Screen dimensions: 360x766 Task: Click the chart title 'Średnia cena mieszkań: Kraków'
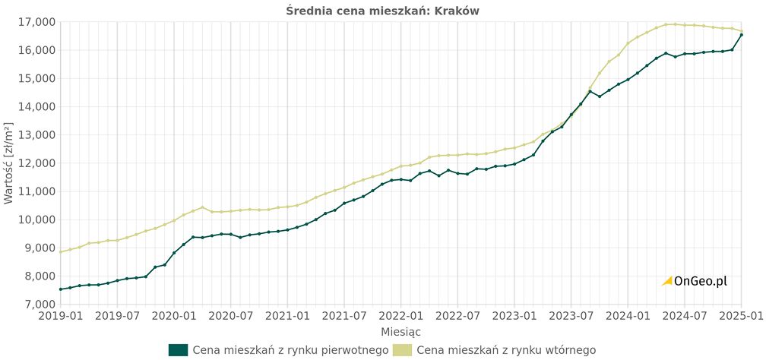coord(382,11)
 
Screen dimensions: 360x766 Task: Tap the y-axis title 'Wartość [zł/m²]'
coord(9,163)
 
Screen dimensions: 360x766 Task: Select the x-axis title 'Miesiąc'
coord(401,332)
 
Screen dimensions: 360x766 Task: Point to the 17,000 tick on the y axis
coord(36,22)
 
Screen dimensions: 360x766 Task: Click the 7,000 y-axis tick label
coord(36,304)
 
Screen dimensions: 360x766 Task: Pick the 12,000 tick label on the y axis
coord(36,163)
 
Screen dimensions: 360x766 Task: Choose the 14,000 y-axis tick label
coord(36,107)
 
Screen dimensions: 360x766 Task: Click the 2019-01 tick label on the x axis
coord(60,315)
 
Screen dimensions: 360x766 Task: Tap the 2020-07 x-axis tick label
coord(231,315)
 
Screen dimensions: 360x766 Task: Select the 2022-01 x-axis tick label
coord(401,315)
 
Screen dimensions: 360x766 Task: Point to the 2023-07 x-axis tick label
coord(572,315)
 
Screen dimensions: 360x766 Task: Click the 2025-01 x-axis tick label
coord(742,315)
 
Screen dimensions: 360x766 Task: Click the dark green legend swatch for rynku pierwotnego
coord(178,349)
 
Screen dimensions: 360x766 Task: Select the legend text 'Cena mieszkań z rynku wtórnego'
coord(506,349)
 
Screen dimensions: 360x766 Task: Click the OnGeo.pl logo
coord(695,281)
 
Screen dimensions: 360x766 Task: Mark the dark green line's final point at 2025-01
coord(742,35)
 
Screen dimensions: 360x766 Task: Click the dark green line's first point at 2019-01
coord(60,289)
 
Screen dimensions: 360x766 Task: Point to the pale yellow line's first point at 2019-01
coord(60,252)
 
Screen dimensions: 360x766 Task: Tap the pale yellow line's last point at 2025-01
coord(742,31)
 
